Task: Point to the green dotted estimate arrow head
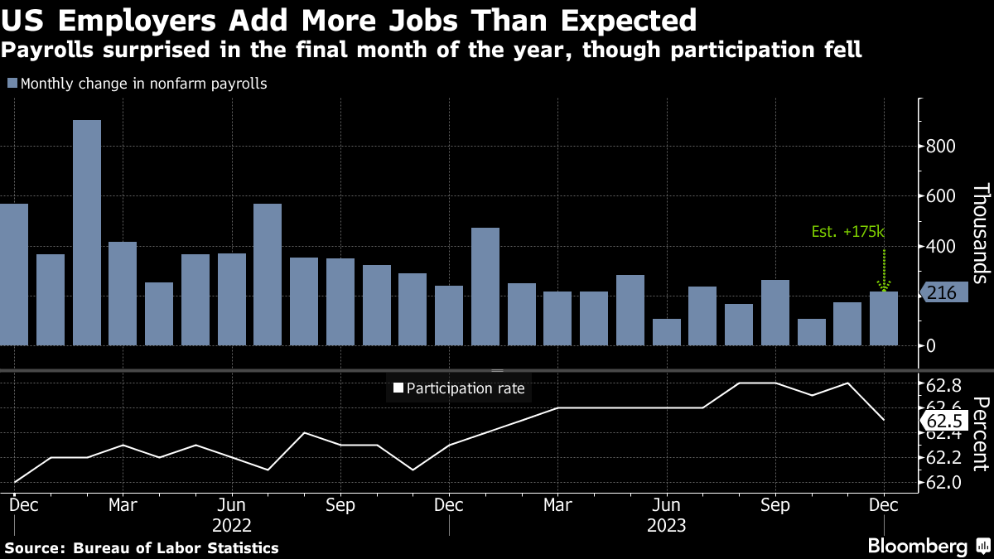coord(884,287)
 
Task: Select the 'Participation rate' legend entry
coord(458,388)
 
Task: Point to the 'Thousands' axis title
coord(980,234)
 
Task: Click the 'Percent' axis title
coord(980,434)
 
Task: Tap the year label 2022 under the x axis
coord(232,524)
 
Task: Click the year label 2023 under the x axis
coord(666,524)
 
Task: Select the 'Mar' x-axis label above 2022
coord(123,504)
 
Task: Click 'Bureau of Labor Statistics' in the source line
coord(176,548)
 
